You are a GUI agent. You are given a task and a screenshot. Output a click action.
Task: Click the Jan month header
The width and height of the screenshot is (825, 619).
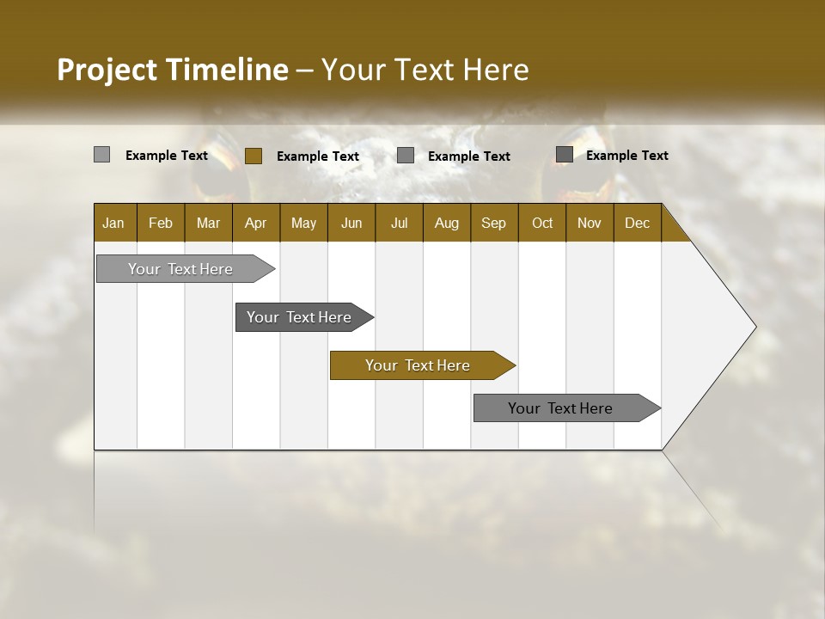click(113, 223)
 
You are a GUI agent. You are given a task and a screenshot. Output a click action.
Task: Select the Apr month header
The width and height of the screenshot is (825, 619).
click(256, 223)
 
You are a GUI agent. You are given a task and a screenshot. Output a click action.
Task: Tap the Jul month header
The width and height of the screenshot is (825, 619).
click(399, 223)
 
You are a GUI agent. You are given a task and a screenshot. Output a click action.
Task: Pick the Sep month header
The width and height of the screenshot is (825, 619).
click(493, 223)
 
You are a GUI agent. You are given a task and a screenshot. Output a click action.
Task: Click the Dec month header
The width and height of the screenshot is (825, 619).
click(637, 223)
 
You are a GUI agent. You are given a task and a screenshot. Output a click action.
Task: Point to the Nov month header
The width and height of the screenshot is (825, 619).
click(590, 223)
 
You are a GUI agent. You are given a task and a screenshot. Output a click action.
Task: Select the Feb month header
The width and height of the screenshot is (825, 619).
click(161, 223)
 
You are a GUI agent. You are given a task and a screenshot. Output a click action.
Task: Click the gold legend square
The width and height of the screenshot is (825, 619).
click(253, 156)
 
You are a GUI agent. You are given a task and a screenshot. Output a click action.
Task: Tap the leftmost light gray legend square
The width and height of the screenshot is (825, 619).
click(101, 155)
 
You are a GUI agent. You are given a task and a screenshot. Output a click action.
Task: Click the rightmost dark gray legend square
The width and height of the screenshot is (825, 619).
click(564, 155)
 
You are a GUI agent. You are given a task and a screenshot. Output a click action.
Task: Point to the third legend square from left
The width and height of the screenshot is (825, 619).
click(406, 156)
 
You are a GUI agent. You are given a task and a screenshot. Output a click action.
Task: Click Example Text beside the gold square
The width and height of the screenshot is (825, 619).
click(318, 156)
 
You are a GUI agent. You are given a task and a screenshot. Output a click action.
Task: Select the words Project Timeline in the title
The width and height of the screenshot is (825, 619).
click(173, 70)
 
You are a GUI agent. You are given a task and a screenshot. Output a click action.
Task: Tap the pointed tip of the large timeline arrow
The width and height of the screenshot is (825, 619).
click(754, 327)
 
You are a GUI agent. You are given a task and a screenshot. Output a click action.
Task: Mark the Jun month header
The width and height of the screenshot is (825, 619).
click(351, 223)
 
